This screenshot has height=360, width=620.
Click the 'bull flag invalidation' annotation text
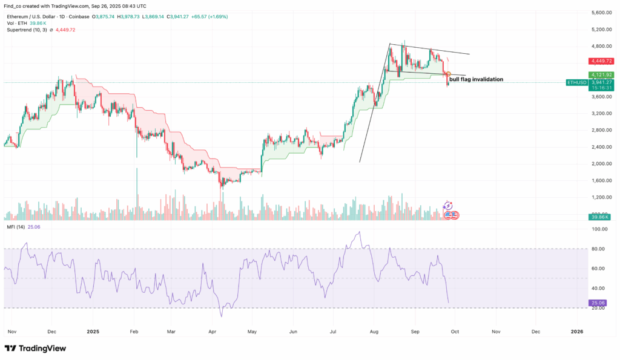tap(476, 79)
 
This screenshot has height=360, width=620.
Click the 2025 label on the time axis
tap(93, 332)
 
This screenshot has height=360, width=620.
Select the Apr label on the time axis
tap(212, 332)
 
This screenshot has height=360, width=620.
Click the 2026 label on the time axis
tap(576, 332)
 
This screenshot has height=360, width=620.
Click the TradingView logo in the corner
tap(36, 349)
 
